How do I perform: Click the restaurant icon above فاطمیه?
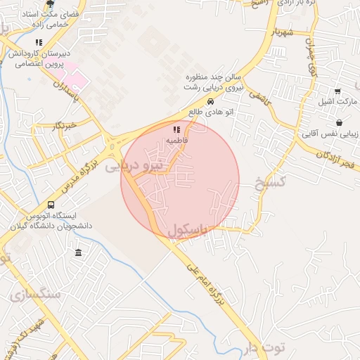tap(176, 129)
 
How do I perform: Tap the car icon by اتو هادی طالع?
tap(211, 101)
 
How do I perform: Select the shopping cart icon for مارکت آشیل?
tap(337, 91)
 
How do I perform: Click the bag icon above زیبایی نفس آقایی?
tap(340, 122)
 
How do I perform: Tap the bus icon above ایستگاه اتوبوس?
tap(51, 205)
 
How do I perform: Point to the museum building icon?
tap(77, 252)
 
